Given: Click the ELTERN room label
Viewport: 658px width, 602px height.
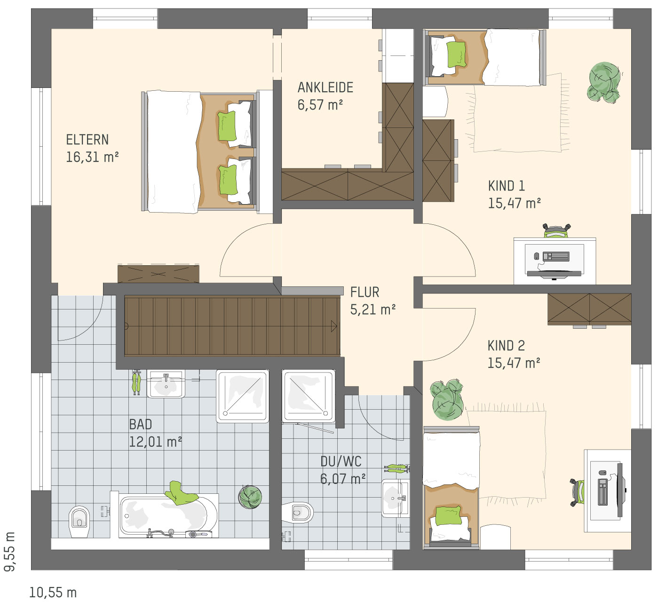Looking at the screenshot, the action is (87, 140).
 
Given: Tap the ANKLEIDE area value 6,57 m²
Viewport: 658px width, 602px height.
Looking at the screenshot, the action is (320, 105).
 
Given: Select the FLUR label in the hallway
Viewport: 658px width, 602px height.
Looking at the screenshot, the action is (365, 293).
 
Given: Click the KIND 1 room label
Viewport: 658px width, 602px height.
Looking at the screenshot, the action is (507, 186).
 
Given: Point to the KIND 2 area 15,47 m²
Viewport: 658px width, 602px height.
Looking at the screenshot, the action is (514, 363).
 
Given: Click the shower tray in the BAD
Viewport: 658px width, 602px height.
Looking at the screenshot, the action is (243, 396).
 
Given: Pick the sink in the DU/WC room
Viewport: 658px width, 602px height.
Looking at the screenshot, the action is (396, 499).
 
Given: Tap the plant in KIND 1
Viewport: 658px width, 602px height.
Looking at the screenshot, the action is (604, 83).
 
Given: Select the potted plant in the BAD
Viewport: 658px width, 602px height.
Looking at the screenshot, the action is (250, 497).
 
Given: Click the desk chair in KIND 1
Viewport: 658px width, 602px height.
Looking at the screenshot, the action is (556, 231).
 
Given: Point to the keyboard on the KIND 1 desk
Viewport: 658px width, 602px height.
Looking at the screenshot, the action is (556, 256).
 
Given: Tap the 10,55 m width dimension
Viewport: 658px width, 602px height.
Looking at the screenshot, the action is (53, 593).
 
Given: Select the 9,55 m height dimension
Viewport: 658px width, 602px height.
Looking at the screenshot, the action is (10, 552).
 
